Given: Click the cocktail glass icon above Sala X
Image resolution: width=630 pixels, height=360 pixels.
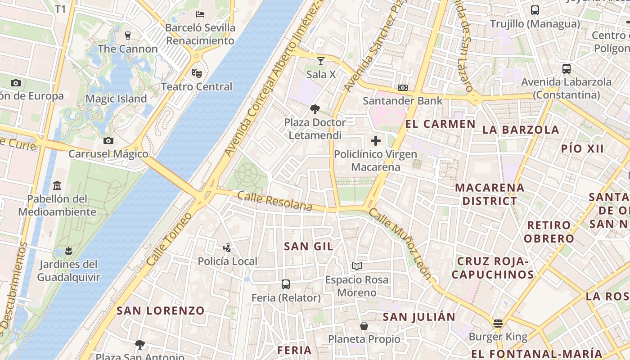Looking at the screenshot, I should (320, 61).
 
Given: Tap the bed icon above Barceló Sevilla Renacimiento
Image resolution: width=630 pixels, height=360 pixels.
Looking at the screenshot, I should (200, 14).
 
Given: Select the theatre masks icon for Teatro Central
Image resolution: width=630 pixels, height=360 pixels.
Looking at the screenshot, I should (196, 73).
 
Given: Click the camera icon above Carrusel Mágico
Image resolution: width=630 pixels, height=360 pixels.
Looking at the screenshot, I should (108, 140).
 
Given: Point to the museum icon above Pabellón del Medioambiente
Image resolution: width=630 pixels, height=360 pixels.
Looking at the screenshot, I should (57, 185).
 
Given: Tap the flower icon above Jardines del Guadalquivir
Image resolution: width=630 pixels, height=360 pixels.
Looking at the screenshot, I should (68, 250).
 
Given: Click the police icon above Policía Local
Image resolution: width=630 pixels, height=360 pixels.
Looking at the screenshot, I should (227, 247).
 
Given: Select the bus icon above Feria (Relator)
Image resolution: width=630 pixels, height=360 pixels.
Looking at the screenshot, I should (286, 284).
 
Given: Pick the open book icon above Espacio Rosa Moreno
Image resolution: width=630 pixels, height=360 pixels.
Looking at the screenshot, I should (357, 266).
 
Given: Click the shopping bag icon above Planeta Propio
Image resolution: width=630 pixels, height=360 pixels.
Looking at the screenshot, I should (364, 325).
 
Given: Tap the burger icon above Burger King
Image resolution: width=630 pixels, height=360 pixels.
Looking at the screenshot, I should (498, 323).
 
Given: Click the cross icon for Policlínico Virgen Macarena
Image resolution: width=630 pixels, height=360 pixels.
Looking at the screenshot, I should (376, 141).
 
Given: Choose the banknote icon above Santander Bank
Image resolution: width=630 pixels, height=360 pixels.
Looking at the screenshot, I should (403, 88).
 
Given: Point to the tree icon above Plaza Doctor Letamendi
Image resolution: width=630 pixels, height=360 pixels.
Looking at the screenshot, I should (315, 109).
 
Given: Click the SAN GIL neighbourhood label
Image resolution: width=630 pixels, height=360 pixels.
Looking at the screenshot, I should (309, 246).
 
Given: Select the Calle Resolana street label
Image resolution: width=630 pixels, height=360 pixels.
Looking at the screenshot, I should (274, 201).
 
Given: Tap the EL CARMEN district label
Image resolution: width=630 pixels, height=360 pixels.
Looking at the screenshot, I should (434, 124).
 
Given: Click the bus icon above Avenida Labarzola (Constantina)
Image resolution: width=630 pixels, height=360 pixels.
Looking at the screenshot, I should (567, 69).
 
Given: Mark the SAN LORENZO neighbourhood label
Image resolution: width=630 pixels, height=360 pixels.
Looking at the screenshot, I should (161, 310).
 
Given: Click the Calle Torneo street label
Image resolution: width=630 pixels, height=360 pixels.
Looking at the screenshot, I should (169, 238).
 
